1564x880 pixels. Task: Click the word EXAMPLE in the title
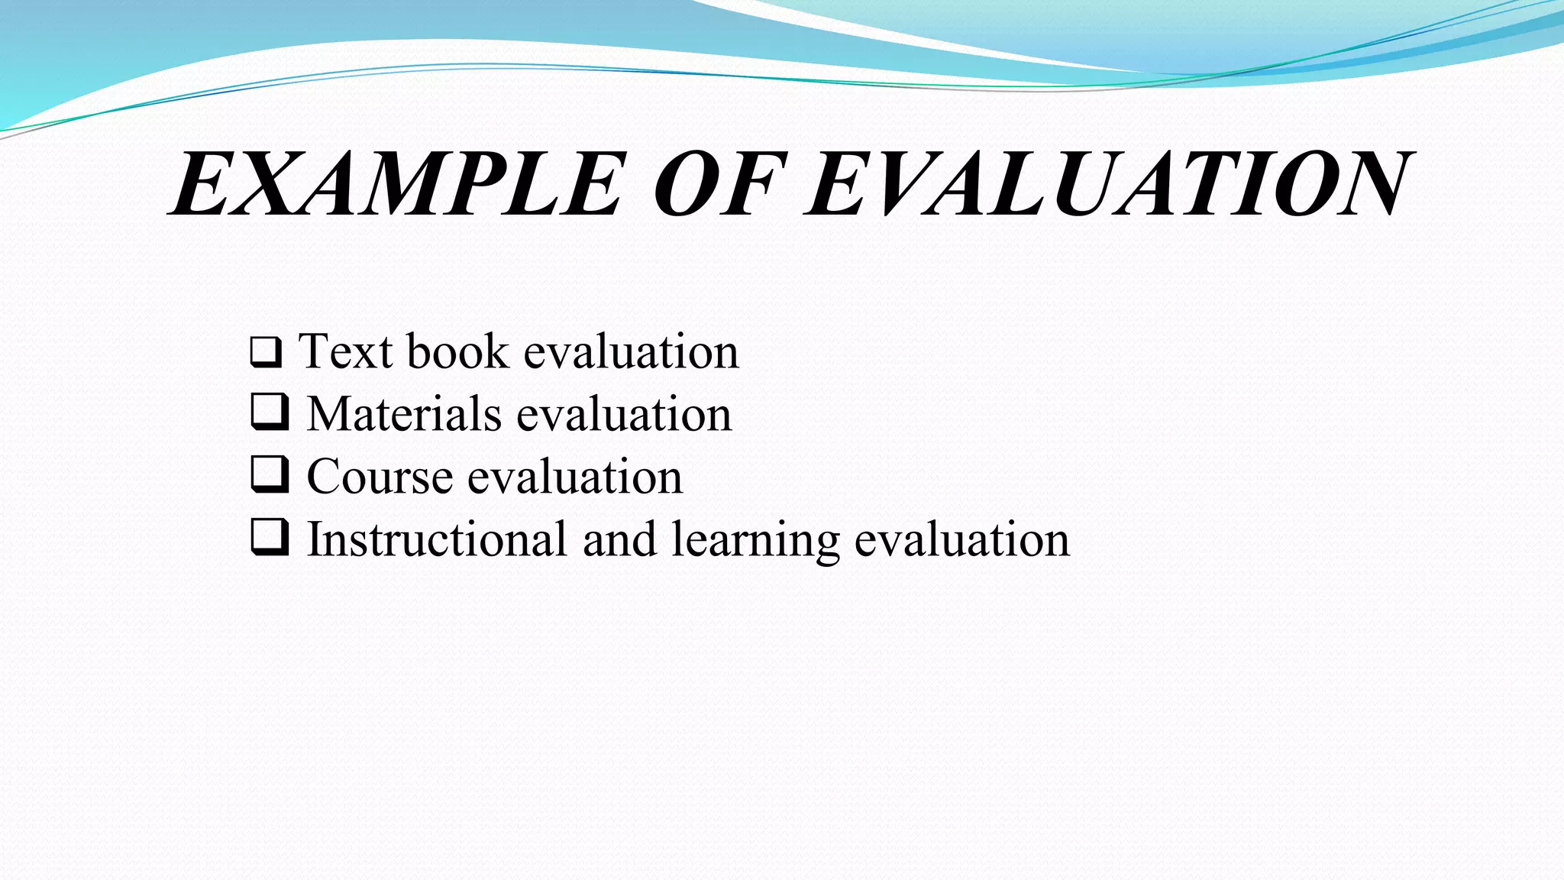click(397, 185)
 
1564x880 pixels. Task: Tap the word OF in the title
click(718, 185)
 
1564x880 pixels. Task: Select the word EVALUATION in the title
click(1107, 185)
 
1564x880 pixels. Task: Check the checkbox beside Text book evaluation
click(266, 352)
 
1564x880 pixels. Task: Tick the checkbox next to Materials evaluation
click(270, 412)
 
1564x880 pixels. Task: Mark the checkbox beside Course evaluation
click(270, 474)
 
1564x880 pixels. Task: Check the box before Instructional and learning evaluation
click(270, 537)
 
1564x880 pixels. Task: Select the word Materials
click(404, 414)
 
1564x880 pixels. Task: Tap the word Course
click(380, 477)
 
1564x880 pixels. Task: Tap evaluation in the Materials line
click(624, 414)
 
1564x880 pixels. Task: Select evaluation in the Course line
click(574, 477)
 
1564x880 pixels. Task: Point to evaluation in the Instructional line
click(961, 539)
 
